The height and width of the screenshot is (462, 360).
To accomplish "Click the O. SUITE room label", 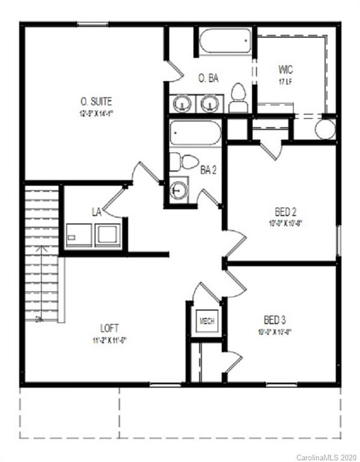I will click(96, 101).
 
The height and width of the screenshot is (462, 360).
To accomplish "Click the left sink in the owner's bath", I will click(182, 103).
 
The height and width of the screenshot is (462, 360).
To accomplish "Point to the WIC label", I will click(285, 69).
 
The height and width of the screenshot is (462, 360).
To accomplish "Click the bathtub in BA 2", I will click(195, 133).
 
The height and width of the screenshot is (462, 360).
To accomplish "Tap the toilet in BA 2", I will click(184, 162).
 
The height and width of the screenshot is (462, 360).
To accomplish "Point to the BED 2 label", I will click(285, 212).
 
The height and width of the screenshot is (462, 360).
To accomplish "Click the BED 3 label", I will click(275, 320).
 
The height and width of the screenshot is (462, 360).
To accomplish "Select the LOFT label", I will click(109, 328).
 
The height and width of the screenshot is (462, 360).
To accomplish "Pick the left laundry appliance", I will click(79, 235).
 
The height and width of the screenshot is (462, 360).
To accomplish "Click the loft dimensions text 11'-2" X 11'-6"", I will click(109, 339).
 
